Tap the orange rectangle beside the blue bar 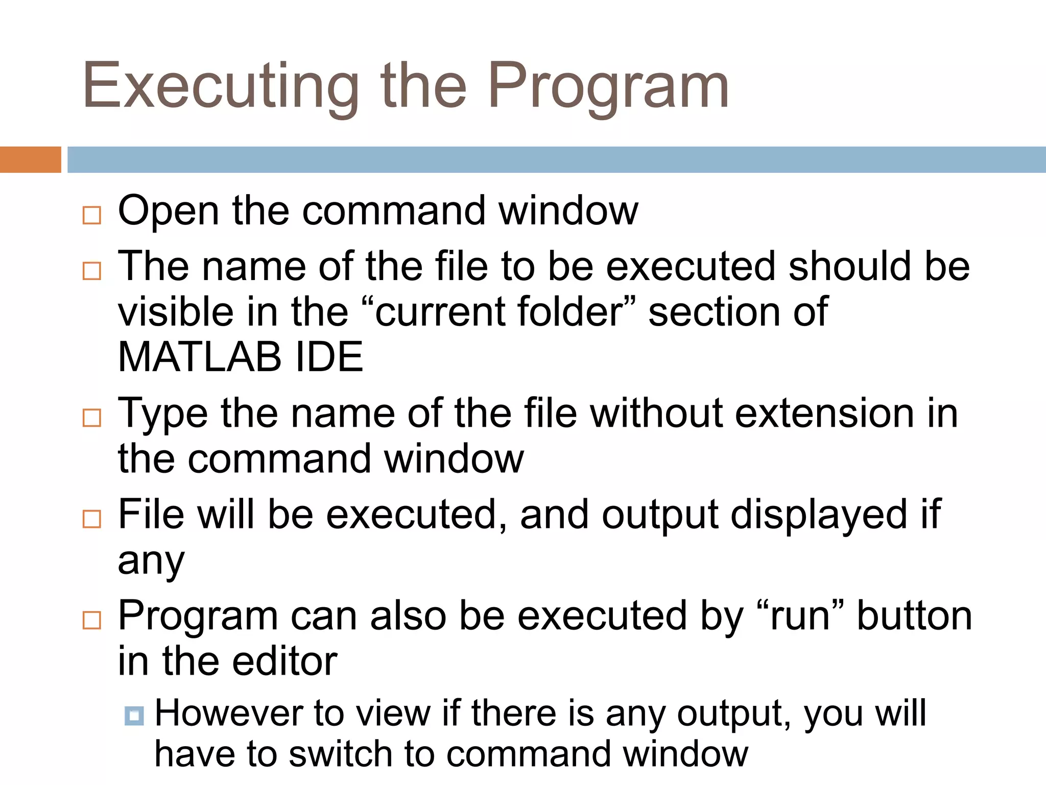[x=30, y=159]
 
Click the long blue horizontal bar [x=556, y=159]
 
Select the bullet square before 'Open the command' [x=92, y=215]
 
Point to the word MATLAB [x=200, y=357]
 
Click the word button [x=914, y=616]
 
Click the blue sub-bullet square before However [x=134, y=715]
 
